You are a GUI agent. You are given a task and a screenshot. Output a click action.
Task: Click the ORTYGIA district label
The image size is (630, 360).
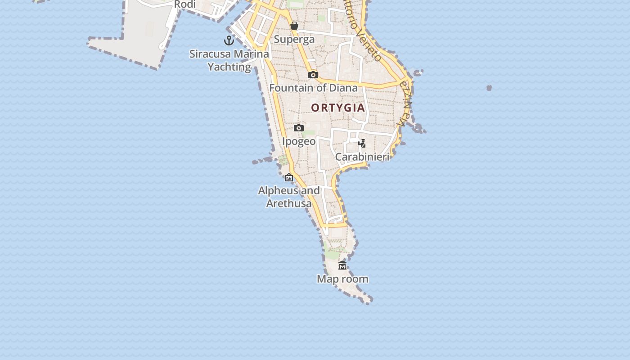337,108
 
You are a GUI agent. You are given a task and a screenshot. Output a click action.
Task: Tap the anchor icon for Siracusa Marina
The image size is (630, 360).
229,40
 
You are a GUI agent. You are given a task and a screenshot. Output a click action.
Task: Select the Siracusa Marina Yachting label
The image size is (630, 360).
229,60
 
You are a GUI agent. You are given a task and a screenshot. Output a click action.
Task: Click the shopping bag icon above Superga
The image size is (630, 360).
294,26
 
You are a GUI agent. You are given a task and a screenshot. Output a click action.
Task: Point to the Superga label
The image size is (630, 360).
294,40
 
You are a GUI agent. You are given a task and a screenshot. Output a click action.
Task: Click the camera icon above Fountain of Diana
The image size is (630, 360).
313,75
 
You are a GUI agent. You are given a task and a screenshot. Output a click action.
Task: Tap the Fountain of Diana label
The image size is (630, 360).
314,88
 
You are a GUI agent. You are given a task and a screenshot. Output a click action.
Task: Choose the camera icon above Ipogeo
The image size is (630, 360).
299,128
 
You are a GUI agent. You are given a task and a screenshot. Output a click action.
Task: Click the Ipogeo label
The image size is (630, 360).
299,141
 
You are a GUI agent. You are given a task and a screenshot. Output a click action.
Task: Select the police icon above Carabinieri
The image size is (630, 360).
362,144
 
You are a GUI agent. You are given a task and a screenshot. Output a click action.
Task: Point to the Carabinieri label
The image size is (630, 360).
362,157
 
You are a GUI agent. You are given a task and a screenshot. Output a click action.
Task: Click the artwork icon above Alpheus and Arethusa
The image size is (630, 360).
289,178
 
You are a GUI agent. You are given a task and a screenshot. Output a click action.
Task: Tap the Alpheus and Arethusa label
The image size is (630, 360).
289,197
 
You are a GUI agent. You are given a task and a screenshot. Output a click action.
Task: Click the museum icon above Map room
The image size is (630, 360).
342,265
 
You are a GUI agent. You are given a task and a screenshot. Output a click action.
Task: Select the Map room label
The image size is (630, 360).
342,279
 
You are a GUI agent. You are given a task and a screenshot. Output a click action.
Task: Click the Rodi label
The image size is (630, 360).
184,4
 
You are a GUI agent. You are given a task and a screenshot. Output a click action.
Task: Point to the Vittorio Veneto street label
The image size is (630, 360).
362,29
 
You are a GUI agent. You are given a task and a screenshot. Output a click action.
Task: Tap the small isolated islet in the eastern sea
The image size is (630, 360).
489,88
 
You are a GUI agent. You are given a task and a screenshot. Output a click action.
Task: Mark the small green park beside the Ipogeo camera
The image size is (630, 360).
310,133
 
